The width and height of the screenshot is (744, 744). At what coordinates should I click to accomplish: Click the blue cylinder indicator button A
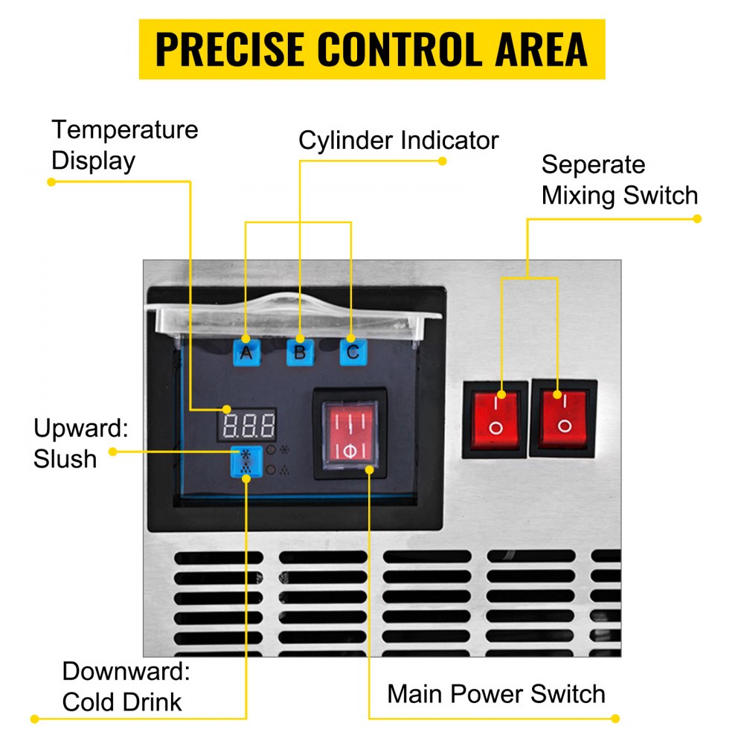click(246, 350)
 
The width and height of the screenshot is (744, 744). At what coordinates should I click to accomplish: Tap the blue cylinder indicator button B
click(299, 351)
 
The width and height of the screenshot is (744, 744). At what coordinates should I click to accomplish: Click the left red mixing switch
click(495, 419)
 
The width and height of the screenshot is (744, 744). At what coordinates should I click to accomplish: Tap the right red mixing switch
click(563, 417)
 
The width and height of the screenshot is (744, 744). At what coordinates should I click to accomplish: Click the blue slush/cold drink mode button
click(245, 461)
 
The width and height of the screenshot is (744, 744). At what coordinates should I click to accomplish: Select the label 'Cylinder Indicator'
click(398, 141)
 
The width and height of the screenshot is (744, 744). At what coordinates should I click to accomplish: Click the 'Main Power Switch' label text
click(496, 694)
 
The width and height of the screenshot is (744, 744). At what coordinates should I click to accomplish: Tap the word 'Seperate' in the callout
click(593, 164)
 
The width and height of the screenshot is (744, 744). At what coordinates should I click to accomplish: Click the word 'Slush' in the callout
click(65, 459)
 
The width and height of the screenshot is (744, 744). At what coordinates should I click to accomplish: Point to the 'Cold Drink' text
click(122, 702)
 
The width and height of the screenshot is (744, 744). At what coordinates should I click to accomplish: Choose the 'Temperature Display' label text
click(124, 145)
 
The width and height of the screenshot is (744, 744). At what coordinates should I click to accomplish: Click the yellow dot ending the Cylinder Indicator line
click(442, 160)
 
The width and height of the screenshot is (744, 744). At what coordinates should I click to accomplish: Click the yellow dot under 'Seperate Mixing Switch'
click(697, 219)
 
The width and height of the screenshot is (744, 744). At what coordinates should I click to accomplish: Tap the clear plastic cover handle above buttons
click(297, 301)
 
